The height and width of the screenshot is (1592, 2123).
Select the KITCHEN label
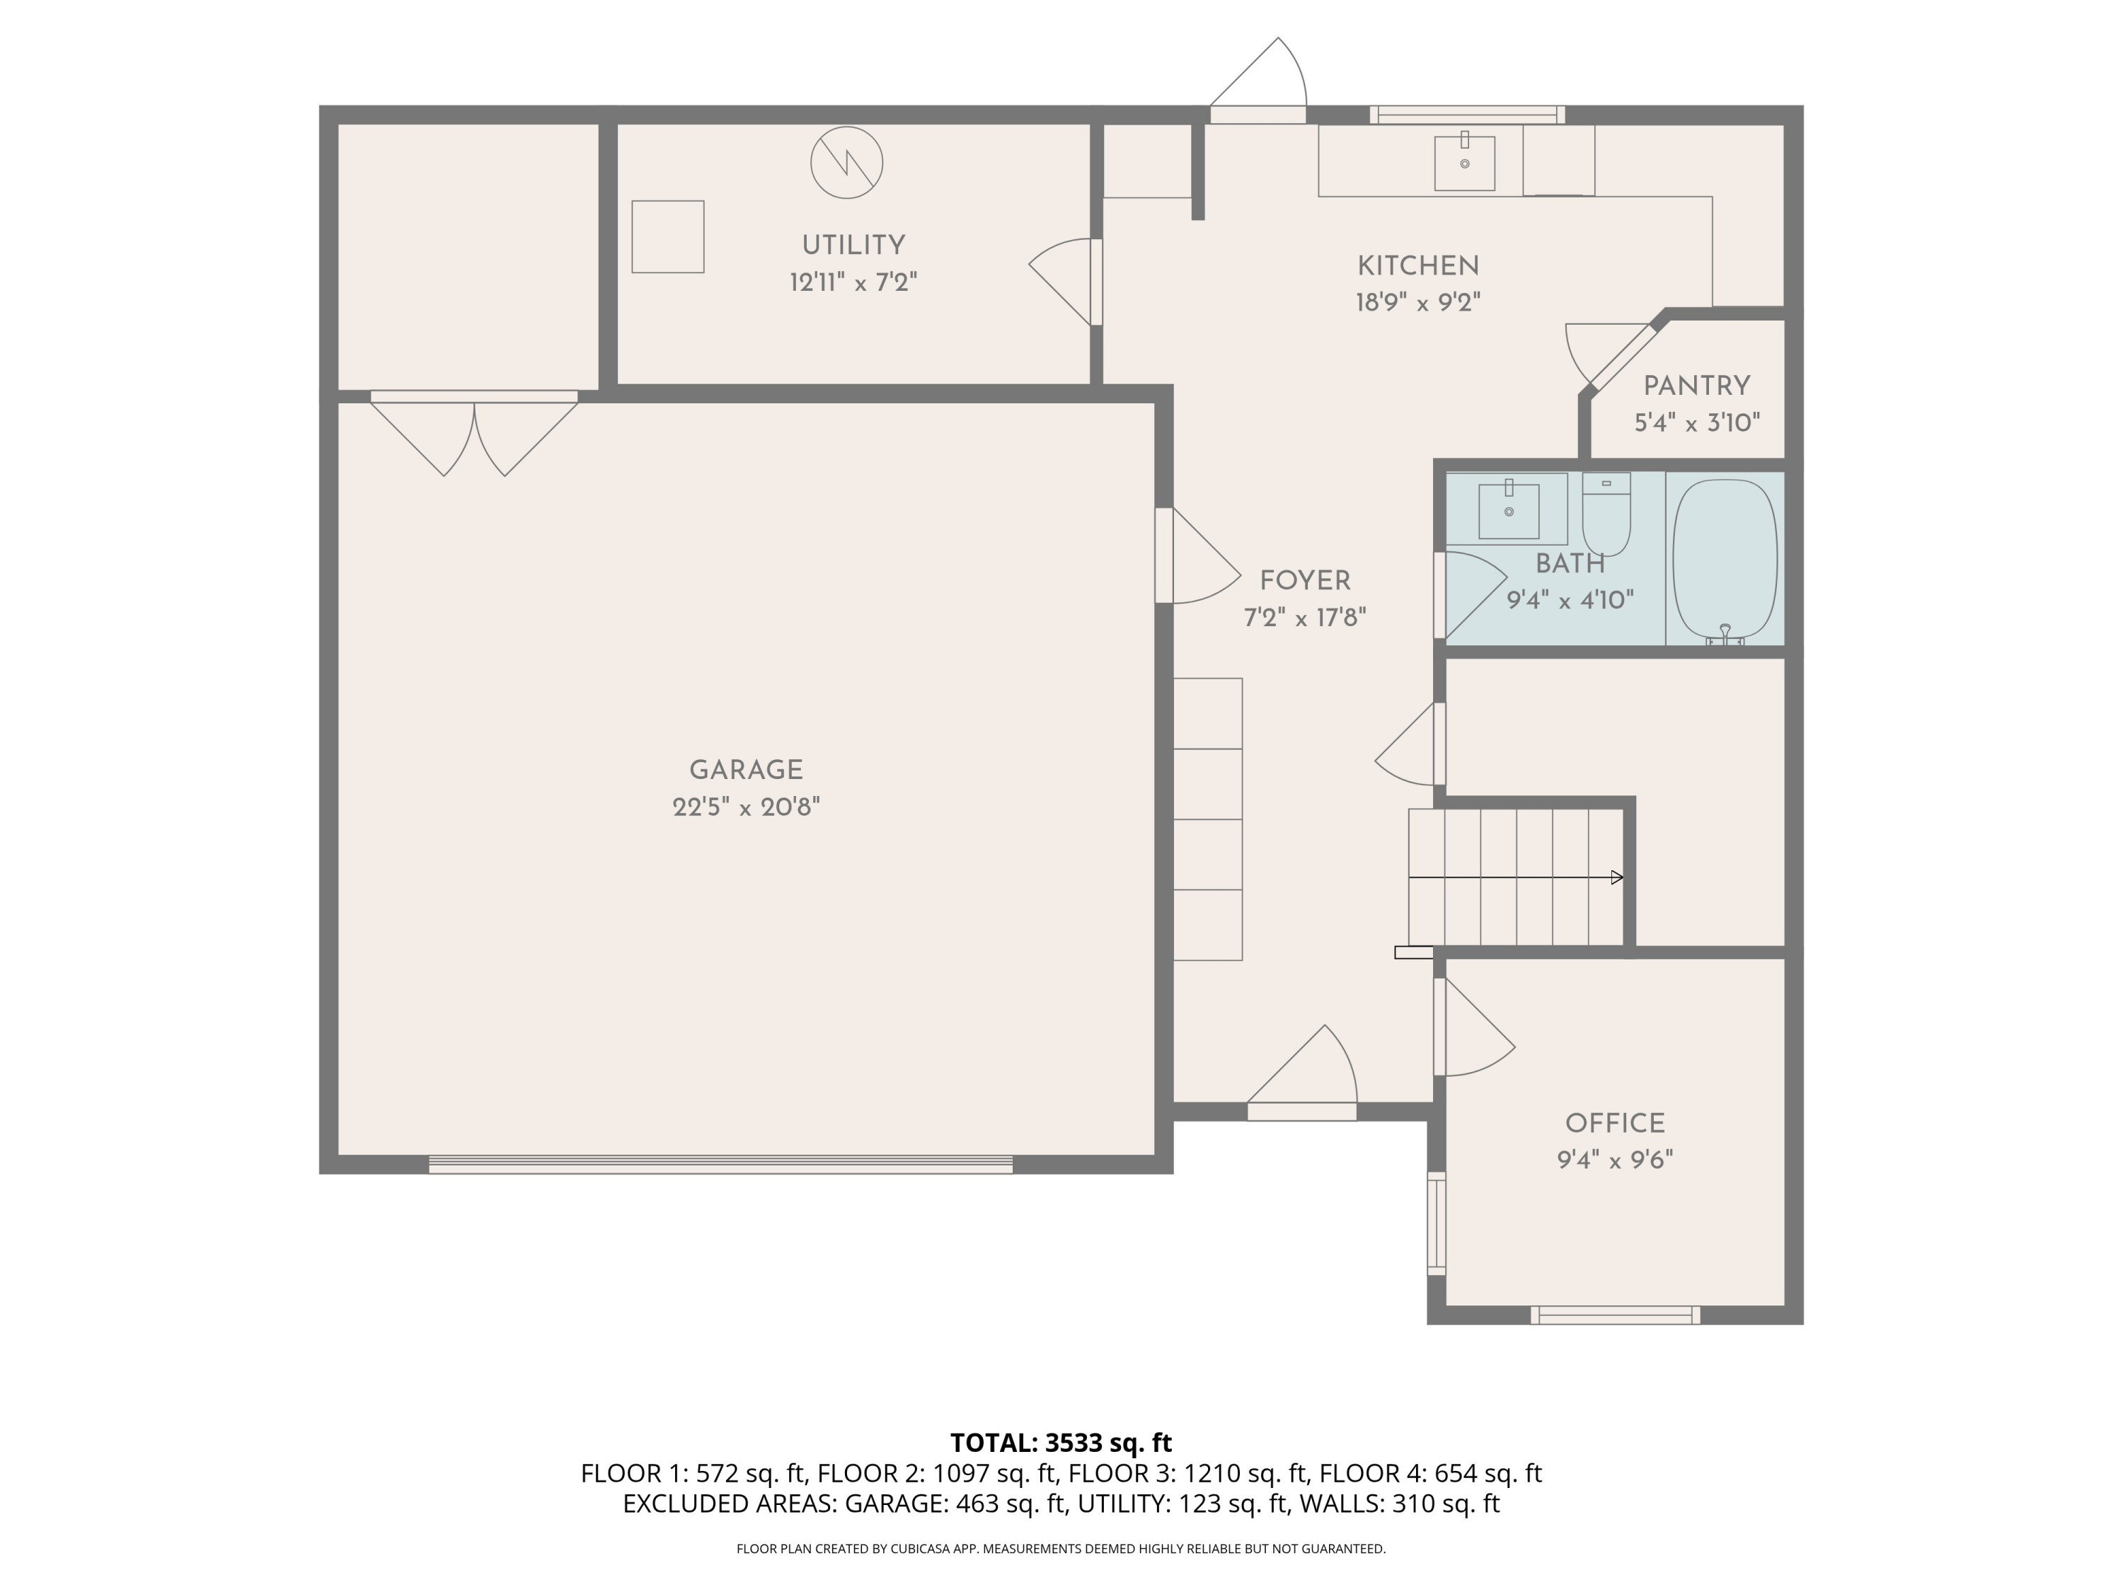pyautogui.click(x=1417, y=266)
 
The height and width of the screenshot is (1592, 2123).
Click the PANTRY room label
pyautogui.click(x=1696, y=386)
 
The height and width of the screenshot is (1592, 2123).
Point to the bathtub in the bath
pyautogui.click(x=1724, y=560)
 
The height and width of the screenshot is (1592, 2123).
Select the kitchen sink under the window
pyautogui.click(x=1463, y=163)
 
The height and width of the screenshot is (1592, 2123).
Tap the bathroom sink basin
pyautogui.click(x=1508, y=512)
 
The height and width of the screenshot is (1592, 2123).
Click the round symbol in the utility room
pyautogui.click(x=846, y=163)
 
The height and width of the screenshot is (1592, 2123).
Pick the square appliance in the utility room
pyautogui.click(x=667, y=236)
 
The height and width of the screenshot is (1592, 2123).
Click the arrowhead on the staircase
pyautogui.click(x=1616, y=877)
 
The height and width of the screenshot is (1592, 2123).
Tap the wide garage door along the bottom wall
pyautogui.click(x=720, y=1164)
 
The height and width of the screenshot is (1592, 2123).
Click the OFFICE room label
pyautogui.click(x=1614, y=1123)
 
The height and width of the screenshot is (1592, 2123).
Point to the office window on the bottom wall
pyautogui.click(x=1614, y=1315)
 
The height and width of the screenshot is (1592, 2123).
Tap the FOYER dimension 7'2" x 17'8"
pyautogui.click(x=1304, y=617)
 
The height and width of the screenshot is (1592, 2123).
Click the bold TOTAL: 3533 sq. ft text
pyautogui.click(x=1061, y=1442)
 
